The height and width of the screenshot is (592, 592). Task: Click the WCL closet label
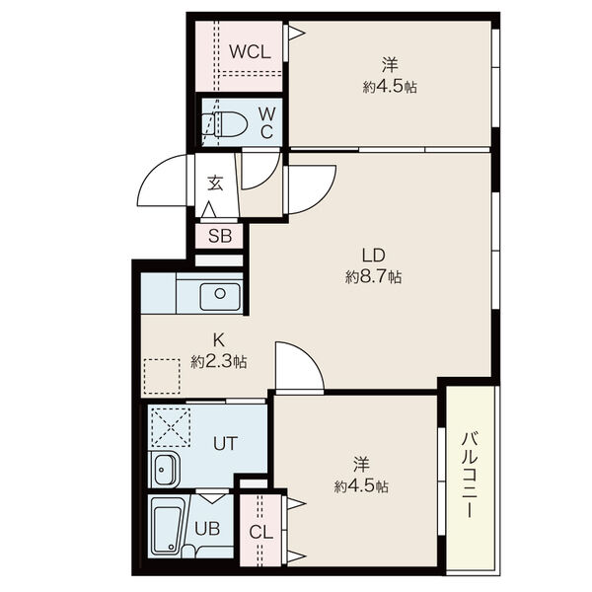(250, 51)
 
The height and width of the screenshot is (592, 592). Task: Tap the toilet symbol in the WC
(224, 124)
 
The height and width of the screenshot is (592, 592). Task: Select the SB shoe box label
(220, 236)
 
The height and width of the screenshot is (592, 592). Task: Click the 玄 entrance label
(215, 183)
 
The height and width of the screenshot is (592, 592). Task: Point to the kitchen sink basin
(220, 296)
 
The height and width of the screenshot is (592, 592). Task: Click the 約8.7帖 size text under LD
(373, 277)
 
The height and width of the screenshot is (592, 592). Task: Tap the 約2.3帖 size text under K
(219, 362)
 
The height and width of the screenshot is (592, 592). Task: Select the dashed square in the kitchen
(162, 376)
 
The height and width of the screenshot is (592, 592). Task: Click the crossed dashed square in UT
(171, 426)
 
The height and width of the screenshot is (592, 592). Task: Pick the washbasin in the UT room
(164, 470)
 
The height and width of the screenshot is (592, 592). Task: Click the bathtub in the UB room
(168, 527)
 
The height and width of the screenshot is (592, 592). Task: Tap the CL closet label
(260, 533)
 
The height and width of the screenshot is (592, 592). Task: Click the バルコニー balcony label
(470, 475)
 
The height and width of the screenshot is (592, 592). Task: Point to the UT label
(225, 443)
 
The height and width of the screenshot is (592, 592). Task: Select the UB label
(207, 529)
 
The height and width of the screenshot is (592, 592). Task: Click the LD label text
(373, 256)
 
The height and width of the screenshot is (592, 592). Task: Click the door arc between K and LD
(307, 355)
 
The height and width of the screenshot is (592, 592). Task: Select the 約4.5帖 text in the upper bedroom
(390, 87)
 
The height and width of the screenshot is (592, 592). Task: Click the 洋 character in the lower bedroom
(361, 464)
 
